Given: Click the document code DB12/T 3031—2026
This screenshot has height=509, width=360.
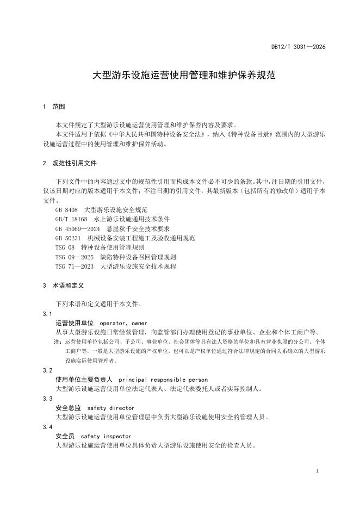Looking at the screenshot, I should click(299, 47).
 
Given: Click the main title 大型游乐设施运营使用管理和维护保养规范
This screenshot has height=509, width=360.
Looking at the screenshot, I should click(184, 75).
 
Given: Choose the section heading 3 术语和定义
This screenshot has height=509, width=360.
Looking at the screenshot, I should click(62, 285).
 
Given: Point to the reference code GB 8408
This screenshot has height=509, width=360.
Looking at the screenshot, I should click(66, 209).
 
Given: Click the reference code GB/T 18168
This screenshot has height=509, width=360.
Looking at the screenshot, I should click(71, 219).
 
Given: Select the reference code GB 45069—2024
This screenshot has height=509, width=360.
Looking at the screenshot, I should click(78, 228).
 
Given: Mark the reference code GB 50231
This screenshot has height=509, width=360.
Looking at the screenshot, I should click(68, 238).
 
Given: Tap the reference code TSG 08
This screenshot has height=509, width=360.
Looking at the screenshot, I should click(65, 247).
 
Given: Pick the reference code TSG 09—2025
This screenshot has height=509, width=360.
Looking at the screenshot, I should click(75, 257).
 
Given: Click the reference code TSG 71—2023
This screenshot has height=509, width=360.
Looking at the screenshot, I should click(75, 266).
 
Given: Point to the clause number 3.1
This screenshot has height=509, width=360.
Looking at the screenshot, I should click(47, 314).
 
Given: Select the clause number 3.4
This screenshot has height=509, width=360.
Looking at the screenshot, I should click(47, 427).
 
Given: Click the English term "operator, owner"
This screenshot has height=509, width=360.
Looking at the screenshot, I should click(124, 323).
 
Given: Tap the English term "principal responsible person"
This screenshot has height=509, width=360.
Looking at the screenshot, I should click(163, 380).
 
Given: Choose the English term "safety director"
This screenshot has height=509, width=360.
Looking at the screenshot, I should click(110, 408).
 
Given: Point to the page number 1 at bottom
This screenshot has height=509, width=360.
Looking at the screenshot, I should click(316, 470).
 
